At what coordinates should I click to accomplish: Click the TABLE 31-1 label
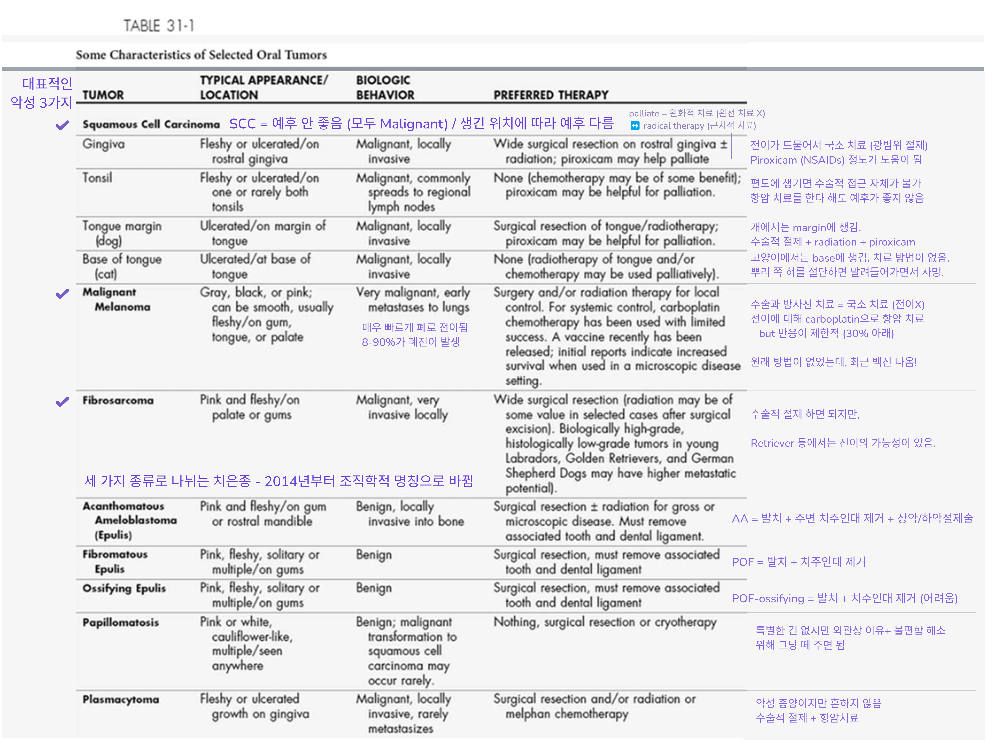point(158,26)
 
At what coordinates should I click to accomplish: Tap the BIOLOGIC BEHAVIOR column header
point(385,88)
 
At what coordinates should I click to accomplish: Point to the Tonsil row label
point(97,178)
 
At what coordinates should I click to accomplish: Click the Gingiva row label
point(103,144)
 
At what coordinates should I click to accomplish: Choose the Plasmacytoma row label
point(120,699)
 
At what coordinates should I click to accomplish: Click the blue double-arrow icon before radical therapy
point(635,126)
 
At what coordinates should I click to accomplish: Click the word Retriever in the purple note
point(772,443)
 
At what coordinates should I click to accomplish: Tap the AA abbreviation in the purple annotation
point(739,519)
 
